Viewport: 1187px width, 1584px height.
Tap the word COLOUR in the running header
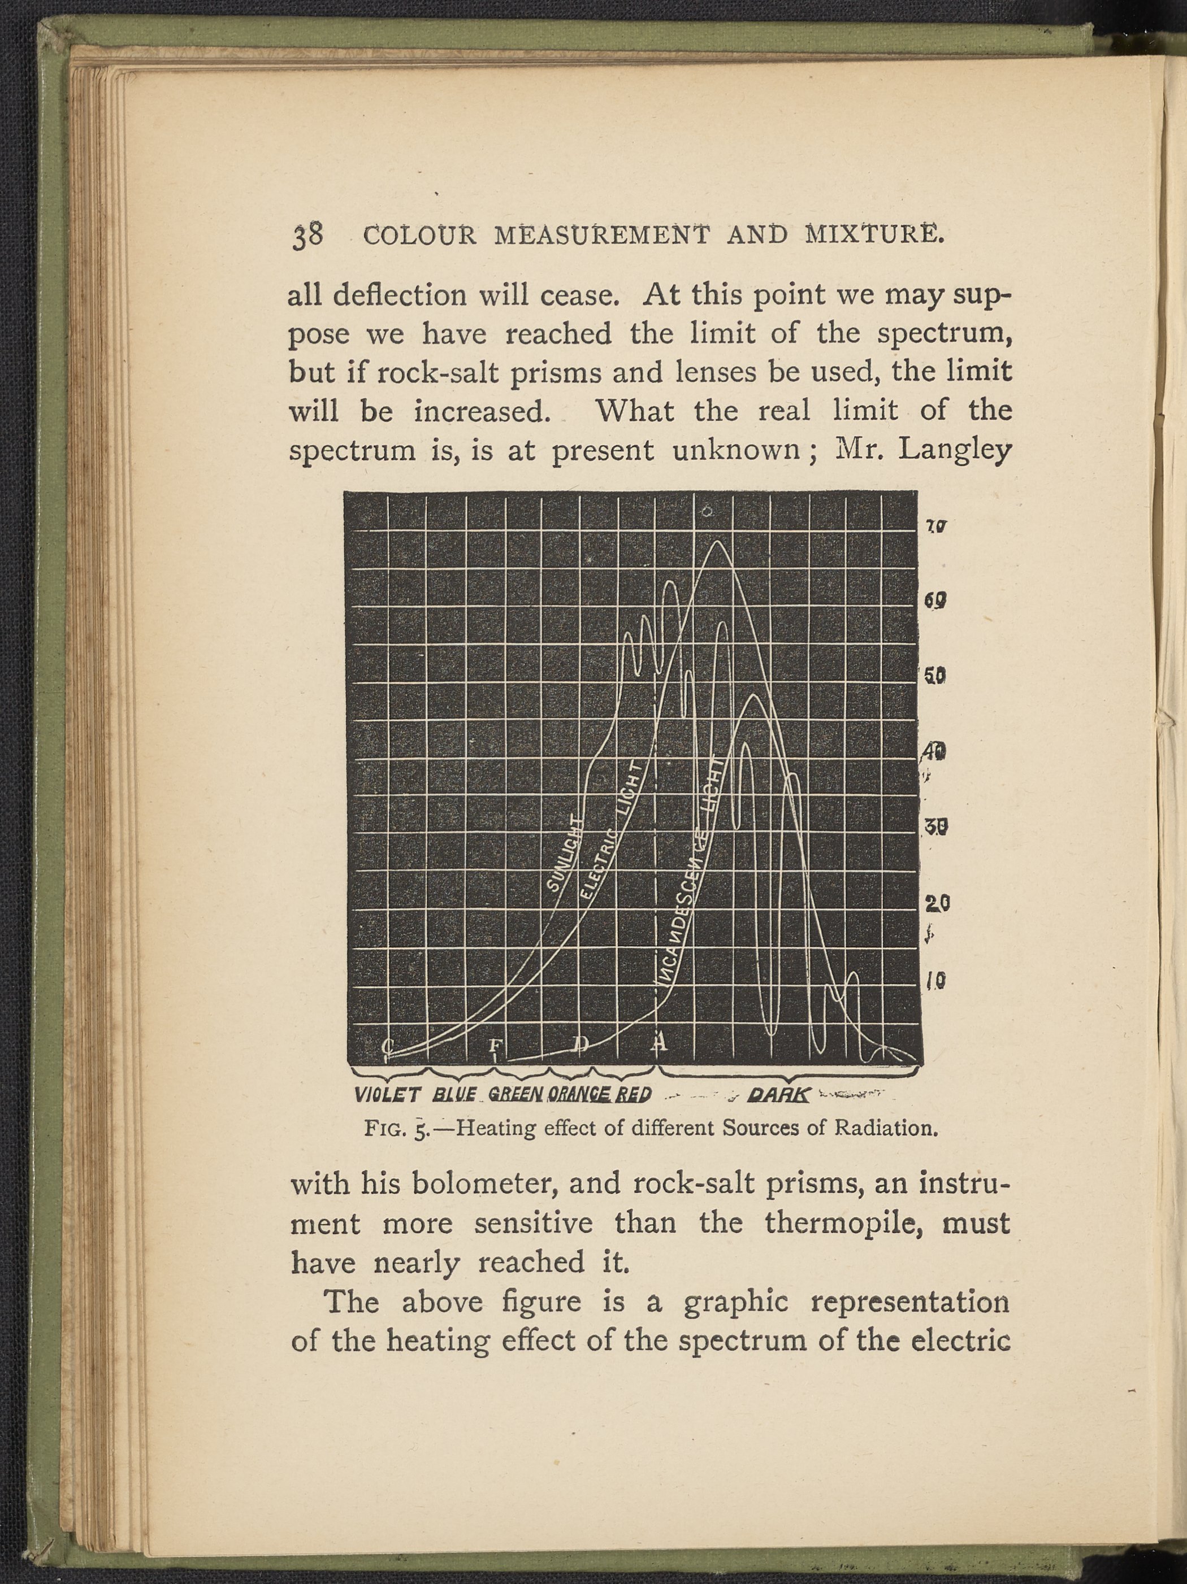(x=419, y=236)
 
